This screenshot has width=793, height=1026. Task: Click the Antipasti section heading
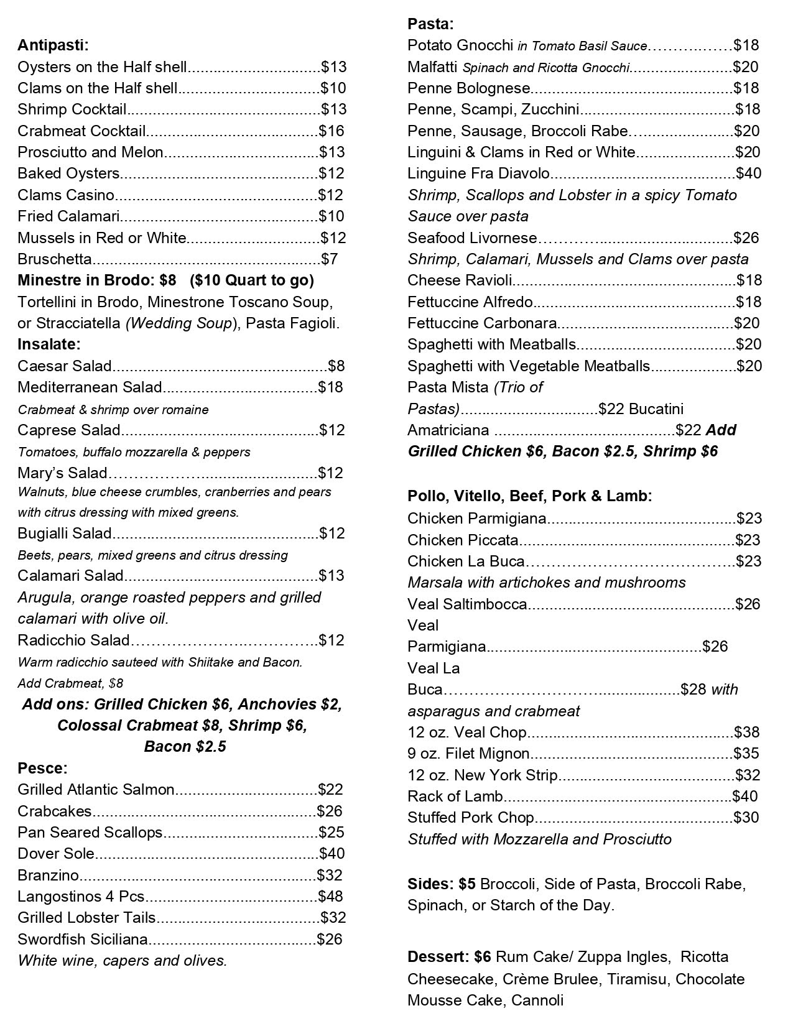[x=53, y=45]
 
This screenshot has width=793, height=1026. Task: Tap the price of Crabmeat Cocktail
[x=331, y=131]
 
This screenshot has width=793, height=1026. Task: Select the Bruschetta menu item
[x=55, y=259]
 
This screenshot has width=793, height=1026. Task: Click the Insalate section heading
[x=49, y=344]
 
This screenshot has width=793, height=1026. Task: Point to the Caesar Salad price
[x=336, y=366]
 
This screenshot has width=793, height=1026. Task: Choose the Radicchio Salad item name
[x=73, y=640]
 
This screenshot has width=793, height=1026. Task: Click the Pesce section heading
[x=42, y=768]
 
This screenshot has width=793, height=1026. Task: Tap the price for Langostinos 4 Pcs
[x=330, y=896]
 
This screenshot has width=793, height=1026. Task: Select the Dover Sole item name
[x=56, y=853]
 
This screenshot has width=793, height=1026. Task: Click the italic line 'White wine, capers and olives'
[x=123, y=960]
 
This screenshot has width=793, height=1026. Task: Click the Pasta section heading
[x=430, y=24]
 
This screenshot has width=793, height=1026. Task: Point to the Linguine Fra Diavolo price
[x=748, y=173]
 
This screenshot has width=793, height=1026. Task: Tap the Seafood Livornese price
[x=746, y=238]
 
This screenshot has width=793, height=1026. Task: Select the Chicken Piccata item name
[x=463, y=540]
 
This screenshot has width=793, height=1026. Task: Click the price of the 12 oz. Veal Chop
[x=747, y=732]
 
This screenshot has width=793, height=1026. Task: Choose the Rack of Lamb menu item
[x=455, y=796]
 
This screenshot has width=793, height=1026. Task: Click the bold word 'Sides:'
[x=431, y=884]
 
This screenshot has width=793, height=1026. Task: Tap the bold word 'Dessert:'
[x=438, y=956]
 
